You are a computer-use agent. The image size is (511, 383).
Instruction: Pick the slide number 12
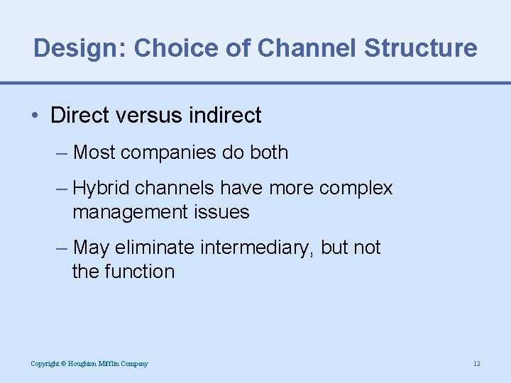tap(476, 364)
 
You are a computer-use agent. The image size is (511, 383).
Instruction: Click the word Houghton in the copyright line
tap(84, 364)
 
